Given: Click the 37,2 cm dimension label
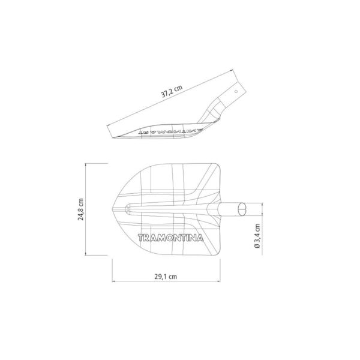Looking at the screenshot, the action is pos(172,91).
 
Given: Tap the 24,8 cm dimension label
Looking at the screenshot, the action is pos(80,209).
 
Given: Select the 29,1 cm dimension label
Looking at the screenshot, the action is pos(166,277).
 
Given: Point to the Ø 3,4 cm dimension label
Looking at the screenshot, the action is pos(257,236).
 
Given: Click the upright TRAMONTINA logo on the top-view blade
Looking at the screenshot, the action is pos(170,238).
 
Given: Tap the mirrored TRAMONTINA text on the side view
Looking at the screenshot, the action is pos(171,131).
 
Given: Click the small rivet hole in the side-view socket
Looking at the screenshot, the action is pos(236,92).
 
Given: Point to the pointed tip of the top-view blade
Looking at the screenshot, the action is pos(112,209).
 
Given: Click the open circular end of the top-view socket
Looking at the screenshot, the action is pos(242,209).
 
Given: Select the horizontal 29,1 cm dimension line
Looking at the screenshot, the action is pos(166,281).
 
